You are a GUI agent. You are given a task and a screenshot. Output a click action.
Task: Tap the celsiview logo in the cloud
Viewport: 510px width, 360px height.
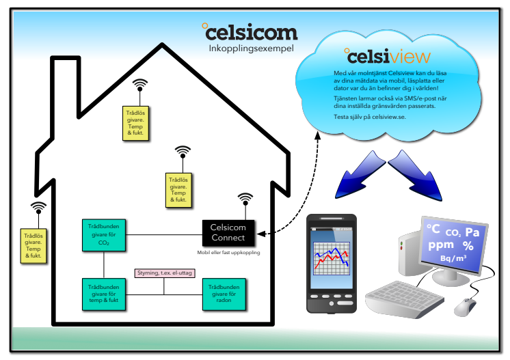click(x=387, y=55)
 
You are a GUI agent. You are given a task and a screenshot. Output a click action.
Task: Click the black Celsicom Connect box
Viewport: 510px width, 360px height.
click(x=228, y=232)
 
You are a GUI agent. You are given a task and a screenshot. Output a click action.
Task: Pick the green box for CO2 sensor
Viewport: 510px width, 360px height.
click(x=103, y=234)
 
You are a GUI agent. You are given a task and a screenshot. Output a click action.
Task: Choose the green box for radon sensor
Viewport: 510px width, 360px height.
click(x=224, y=294)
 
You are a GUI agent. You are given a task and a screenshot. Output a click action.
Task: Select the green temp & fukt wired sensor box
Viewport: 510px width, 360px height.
click(x=103, y=294)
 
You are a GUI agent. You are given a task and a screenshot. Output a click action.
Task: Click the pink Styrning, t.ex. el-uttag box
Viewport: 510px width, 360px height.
click(x=165, y=273)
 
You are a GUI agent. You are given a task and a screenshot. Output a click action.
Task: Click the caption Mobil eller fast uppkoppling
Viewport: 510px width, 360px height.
click(x=228, y=253)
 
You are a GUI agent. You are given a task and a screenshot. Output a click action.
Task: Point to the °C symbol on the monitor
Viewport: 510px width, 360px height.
click(x=433, y=229)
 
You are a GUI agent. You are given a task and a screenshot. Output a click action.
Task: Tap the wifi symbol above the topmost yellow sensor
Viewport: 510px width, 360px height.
click(x=139, y=85)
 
